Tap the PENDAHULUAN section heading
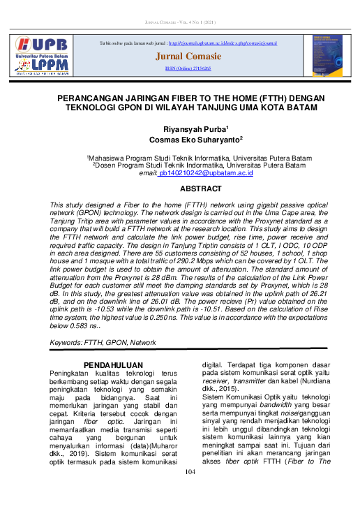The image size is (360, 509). (113, 365)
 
